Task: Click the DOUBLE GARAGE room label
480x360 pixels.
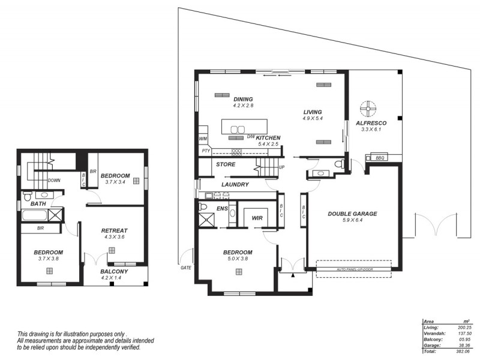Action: (x=352, y=214)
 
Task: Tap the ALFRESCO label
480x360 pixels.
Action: (x=371, y=123)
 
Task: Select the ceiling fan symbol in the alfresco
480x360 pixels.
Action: (x=367, y=109)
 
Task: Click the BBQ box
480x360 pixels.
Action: (x=379, y=158)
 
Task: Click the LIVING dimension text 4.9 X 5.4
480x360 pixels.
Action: (x=313, y=119)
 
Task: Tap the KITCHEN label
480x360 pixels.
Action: (x=268, y=138)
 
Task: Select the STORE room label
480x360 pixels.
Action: (x=226, y=164)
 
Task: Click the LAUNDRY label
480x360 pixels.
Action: (x=235, y=185)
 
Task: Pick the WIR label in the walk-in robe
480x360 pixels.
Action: (x=258, y=218)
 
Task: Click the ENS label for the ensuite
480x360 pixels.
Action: (x=221, y=208)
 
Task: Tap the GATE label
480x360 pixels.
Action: (x=186, y=268)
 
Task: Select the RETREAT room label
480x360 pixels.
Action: (x=113, y=230)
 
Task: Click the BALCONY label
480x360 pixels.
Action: (x=114, y=271)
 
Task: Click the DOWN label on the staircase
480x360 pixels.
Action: (x=53, y=179)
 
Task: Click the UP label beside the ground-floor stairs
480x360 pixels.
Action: (x=281, y=167)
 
